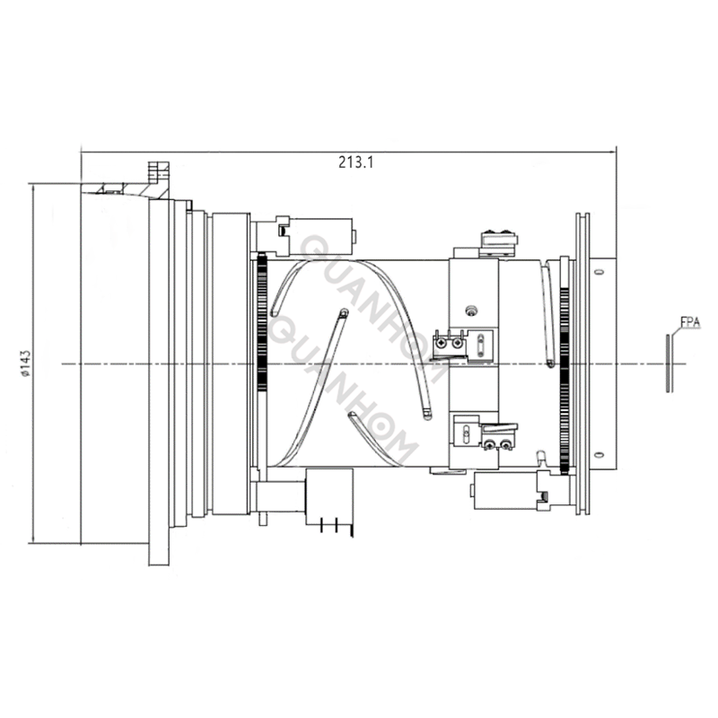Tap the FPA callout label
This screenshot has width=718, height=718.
[x=690, y=320]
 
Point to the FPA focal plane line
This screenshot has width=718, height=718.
[x=669, y=363]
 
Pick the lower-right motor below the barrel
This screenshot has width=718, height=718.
[x=507, y=491]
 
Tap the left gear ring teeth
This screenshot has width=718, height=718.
[x=262, y=359]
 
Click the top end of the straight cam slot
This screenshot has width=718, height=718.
[x=343, y=313]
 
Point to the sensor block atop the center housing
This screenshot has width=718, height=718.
[x=500, y=241]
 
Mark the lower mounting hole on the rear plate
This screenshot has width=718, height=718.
[x=596, y=454]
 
